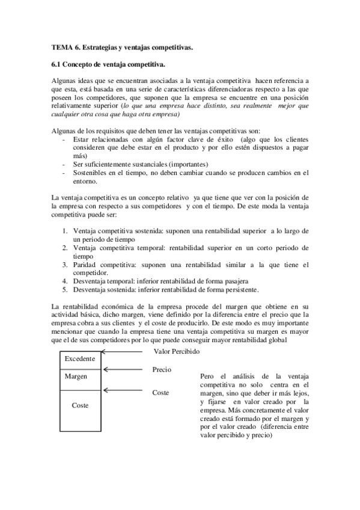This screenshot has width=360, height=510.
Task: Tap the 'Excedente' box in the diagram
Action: coord(79,359)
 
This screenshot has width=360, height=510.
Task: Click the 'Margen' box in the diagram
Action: coord(76,376)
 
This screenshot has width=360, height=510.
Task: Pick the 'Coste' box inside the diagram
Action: coord(80,406)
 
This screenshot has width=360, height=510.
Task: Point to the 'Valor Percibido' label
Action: coord(177,351)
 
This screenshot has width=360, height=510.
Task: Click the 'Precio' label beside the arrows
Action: coord(162,370)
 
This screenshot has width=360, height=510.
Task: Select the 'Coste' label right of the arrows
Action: coord(160,393)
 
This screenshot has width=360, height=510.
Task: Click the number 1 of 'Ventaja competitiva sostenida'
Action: coord(66,231)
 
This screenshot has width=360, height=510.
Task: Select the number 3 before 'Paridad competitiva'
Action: coord(66,264)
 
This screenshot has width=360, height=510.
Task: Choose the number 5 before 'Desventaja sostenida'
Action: coord(66,289)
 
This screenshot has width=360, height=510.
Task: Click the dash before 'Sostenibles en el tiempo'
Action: coord(64,173)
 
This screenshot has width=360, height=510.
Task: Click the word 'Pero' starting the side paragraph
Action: coord(208,376)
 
